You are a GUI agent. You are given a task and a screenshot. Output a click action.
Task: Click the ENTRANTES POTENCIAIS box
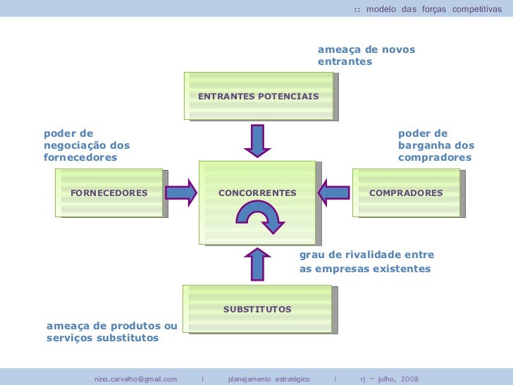pos(258,96)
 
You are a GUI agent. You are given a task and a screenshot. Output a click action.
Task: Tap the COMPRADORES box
pos(406,192)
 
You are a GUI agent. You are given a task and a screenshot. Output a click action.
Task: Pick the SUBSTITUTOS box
pos(257,309)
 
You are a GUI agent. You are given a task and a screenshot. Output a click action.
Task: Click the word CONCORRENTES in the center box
pos(257,192)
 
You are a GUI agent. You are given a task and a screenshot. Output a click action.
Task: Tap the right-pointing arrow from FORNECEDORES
pos(182,192)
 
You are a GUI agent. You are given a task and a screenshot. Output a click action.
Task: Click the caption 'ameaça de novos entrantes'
pos(366,56)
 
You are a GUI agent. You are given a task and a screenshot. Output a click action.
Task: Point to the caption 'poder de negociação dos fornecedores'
pos(87,145)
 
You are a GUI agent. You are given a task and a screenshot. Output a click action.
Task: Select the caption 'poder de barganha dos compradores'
pos(435,145)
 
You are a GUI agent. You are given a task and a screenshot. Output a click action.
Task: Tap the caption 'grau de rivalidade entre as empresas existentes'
pos(366,262)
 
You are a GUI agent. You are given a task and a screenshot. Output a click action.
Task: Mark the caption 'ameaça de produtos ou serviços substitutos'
pos(111,331)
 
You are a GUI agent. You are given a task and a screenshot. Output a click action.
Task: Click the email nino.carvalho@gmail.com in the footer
pos(135,379)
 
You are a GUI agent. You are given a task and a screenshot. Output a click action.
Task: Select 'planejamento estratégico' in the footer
pos(268,379)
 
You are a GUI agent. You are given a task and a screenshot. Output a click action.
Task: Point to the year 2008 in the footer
pos(410,379)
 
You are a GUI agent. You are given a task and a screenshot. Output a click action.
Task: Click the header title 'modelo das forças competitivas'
pos(433,8)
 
